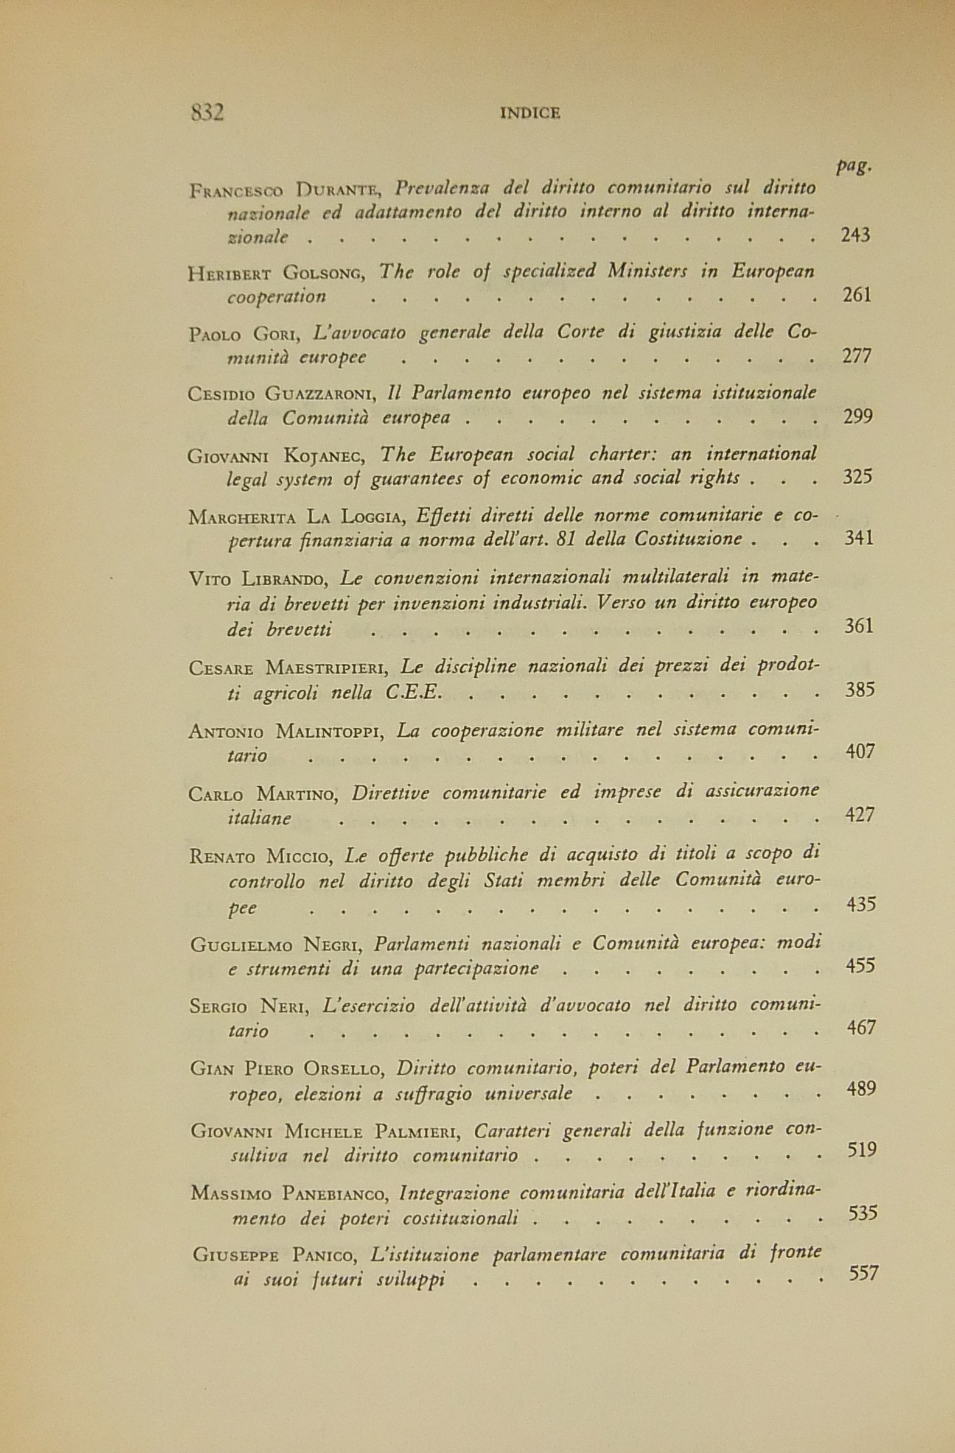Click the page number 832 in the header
pos(208,112)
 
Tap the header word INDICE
pos(530,113)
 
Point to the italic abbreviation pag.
pos(853,167)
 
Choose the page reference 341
pos(858,538)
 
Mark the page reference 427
pos(860,814)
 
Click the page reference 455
pos(861,965)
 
